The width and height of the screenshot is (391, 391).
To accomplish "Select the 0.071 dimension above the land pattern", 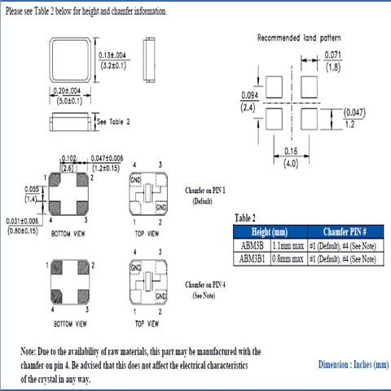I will click(332, 55).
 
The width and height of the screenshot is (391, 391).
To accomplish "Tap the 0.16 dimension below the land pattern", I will click(290, 151).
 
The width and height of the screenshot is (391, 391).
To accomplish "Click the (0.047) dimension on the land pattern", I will click(354, 111).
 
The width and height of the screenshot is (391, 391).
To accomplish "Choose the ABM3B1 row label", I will click(252, 258).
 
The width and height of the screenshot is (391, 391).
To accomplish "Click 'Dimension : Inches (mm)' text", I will click(354, 365).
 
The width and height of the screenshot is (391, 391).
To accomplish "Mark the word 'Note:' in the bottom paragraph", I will click(31, 351).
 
